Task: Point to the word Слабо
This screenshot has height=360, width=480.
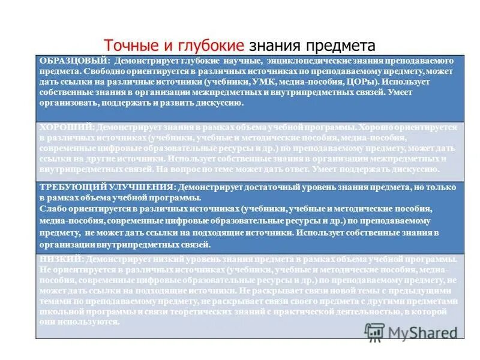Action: [53, 209]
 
